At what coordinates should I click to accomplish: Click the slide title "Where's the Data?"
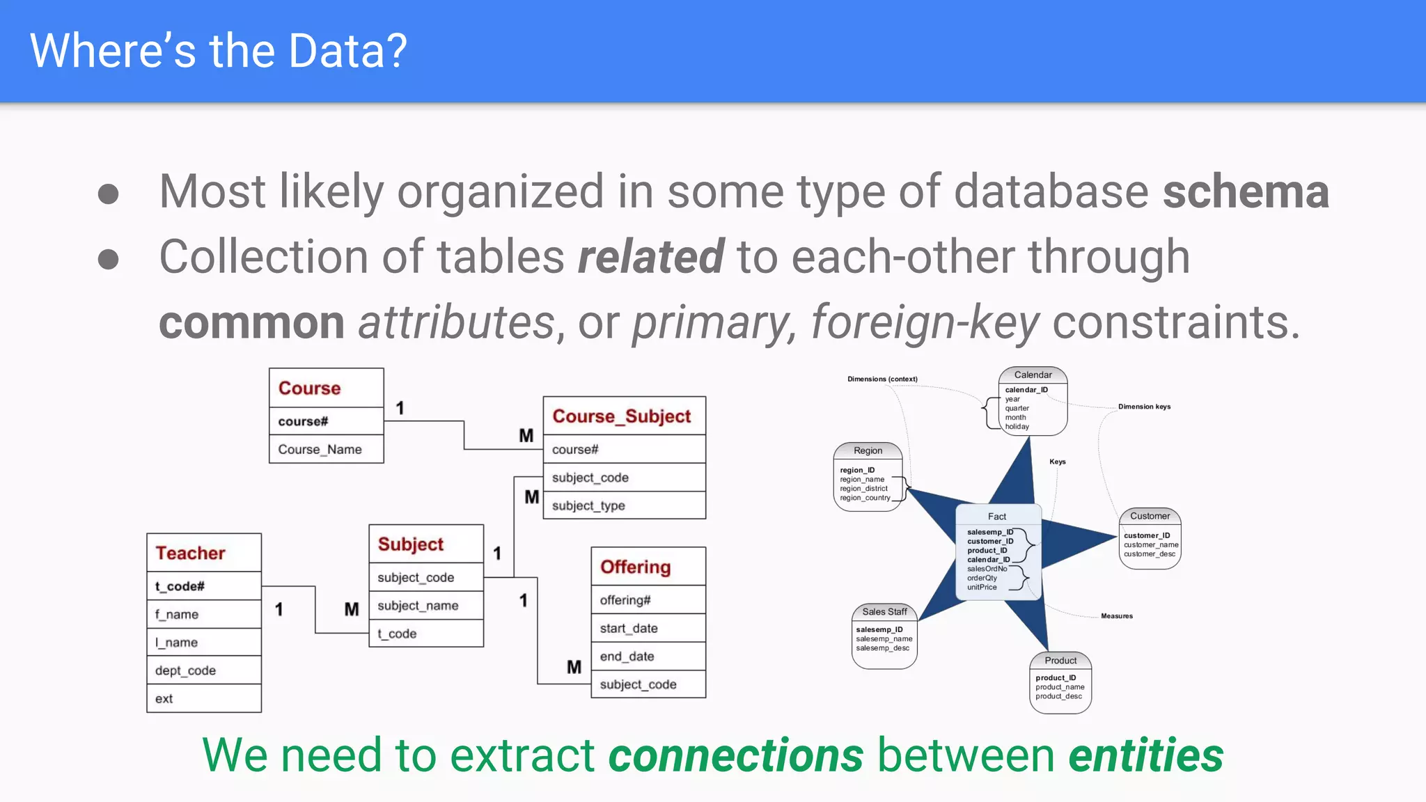coord(218,51)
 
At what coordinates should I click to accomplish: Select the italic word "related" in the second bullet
coord(650,257)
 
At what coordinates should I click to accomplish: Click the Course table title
coord(310,388)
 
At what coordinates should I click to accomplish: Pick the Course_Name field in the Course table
coord(320,450)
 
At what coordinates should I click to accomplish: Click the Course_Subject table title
coord(621,416)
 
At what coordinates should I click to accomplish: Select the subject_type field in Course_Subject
coord(588,506)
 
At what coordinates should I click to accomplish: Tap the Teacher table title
coord(190,553)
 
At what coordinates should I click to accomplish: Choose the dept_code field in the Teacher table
coord(185,670)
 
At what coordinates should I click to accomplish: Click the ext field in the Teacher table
coord(164,699)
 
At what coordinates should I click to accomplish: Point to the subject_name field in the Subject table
coord(418,606)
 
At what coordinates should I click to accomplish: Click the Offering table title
coord(635,567)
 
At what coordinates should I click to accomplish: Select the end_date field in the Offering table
coord(627,656)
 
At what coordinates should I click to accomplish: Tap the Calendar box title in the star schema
coord(1033,375)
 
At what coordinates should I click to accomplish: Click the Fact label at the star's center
coord(997,517)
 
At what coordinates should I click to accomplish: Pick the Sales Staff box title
coord(884,612)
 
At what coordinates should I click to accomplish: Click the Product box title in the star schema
coord(1060,661)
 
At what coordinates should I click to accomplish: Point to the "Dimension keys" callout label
coord(1144,407)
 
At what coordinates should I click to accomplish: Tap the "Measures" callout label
coord(1116,616)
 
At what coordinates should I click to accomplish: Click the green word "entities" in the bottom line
coord(1145,756)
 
